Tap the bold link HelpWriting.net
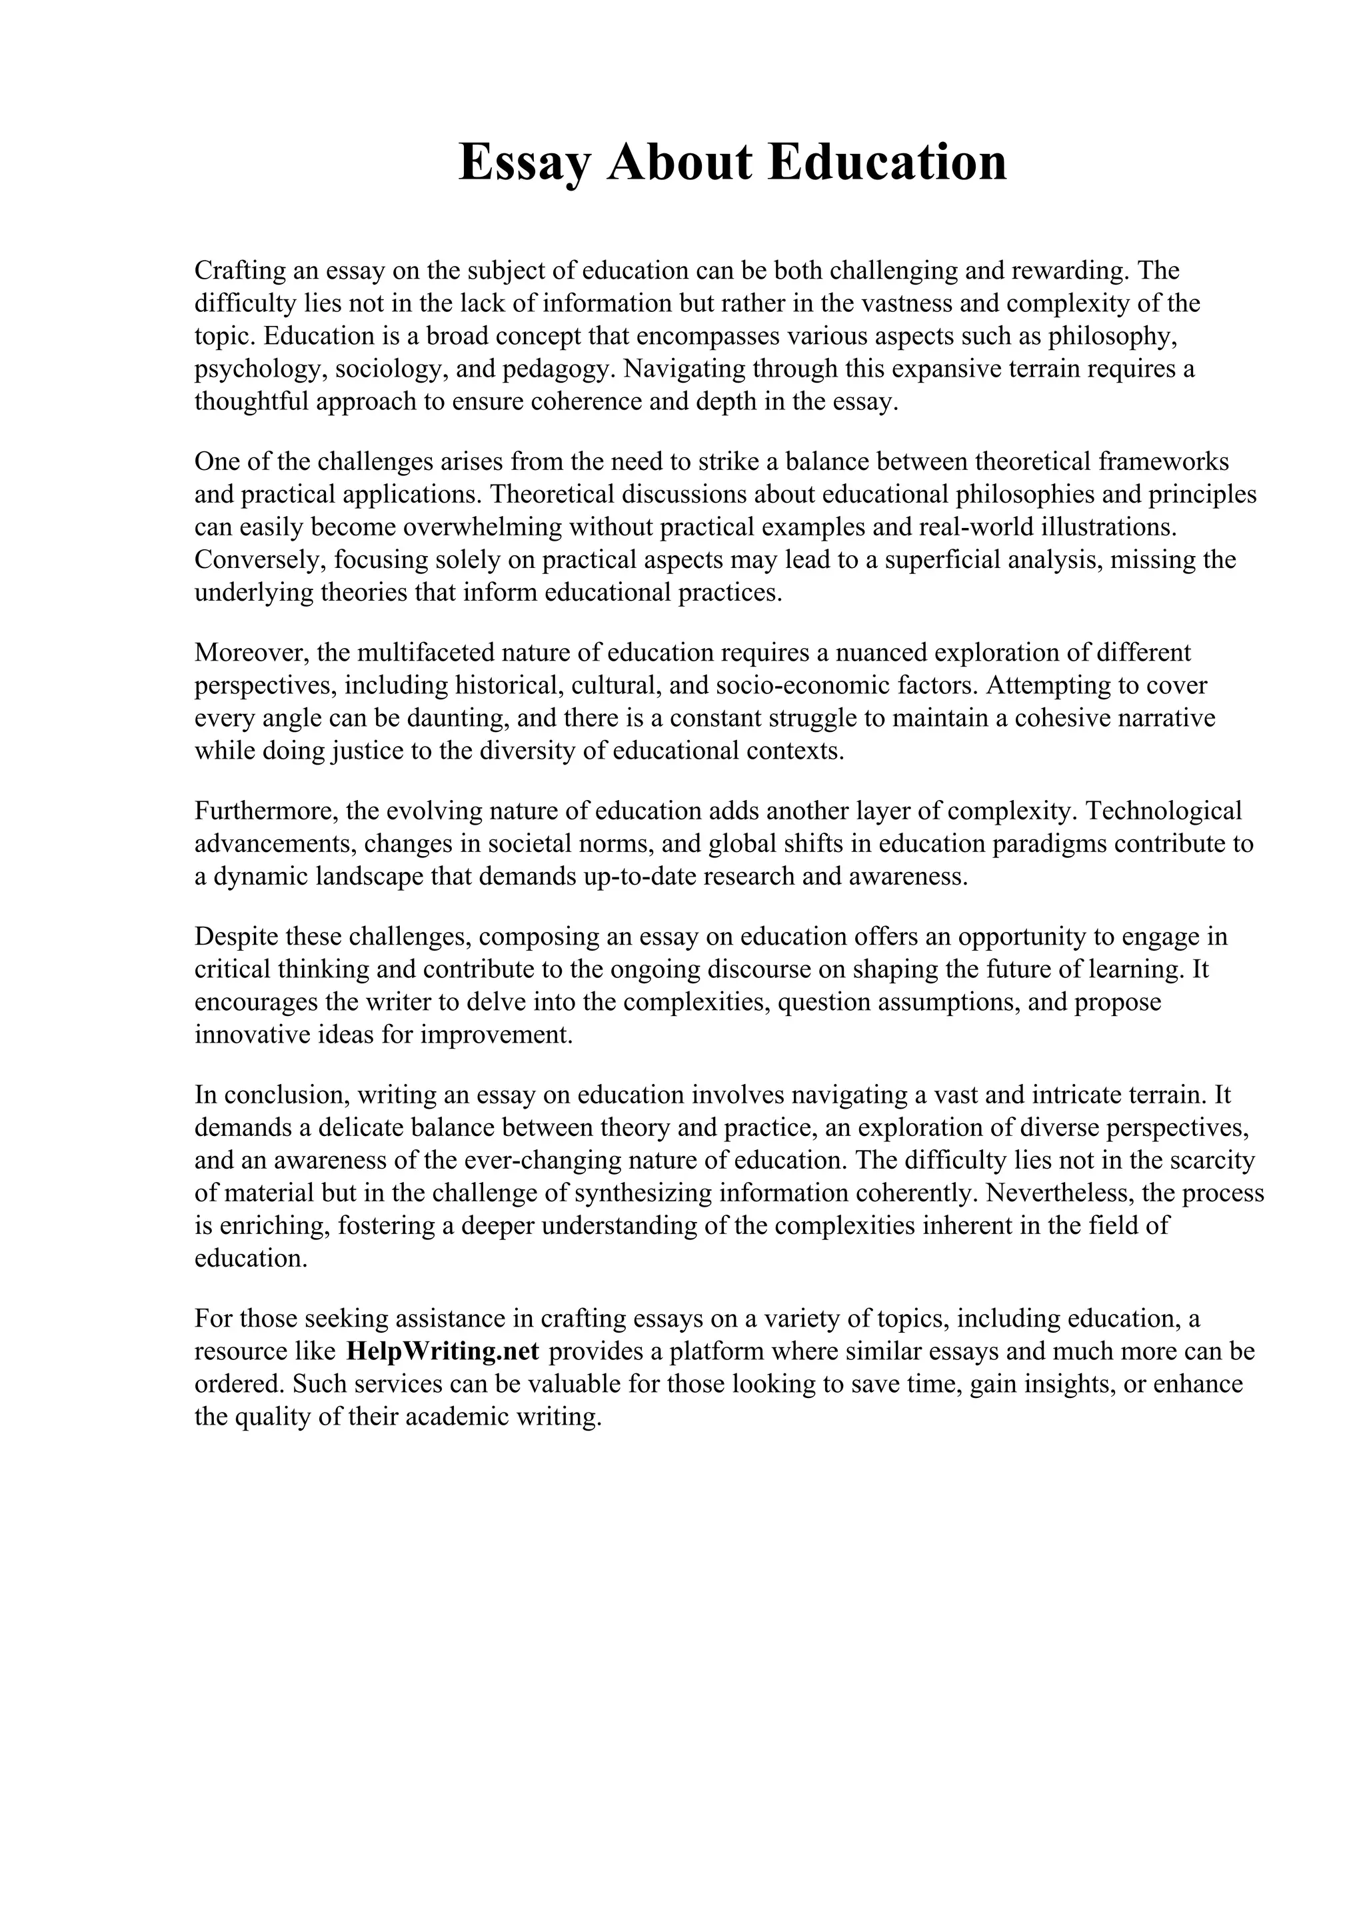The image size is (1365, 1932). pyautogui.click(x=441, y=1351)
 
